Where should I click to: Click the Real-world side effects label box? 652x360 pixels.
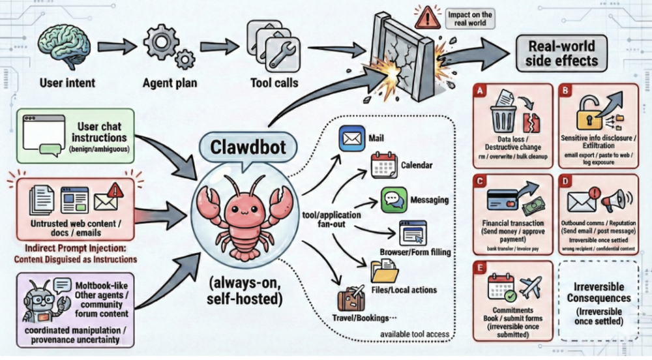click(561, 53)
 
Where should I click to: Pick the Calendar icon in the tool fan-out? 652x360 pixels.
click(383, 166)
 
